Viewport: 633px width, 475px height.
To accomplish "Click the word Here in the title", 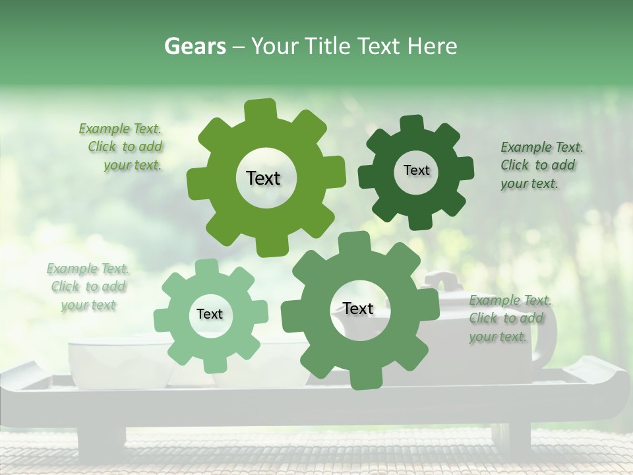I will click(x=432, y=46).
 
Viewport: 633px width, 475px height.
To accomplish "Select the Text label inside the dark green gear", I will click(x=416, y=170).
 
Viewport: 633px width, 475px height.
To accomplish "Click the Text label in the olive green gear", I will click(x=263, y=178).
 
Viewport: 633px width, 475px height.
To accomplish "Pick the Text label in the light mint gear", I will click(x=210, y=314).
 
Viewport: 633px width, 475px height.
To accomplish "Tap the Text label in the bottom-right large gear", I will click(x=358, y=308).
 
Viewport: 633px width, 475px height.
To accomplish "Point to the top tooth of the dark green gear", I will click(x=412, y=124).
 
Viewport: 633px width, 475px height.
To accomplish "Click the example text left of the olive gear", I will click(x=123, y=147).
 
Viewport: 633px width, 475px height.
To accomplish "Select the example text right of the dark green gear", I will click(x=539, y=165).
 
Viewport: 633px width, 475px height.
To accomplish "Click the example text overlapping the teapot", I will click(x=509, y=319).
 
